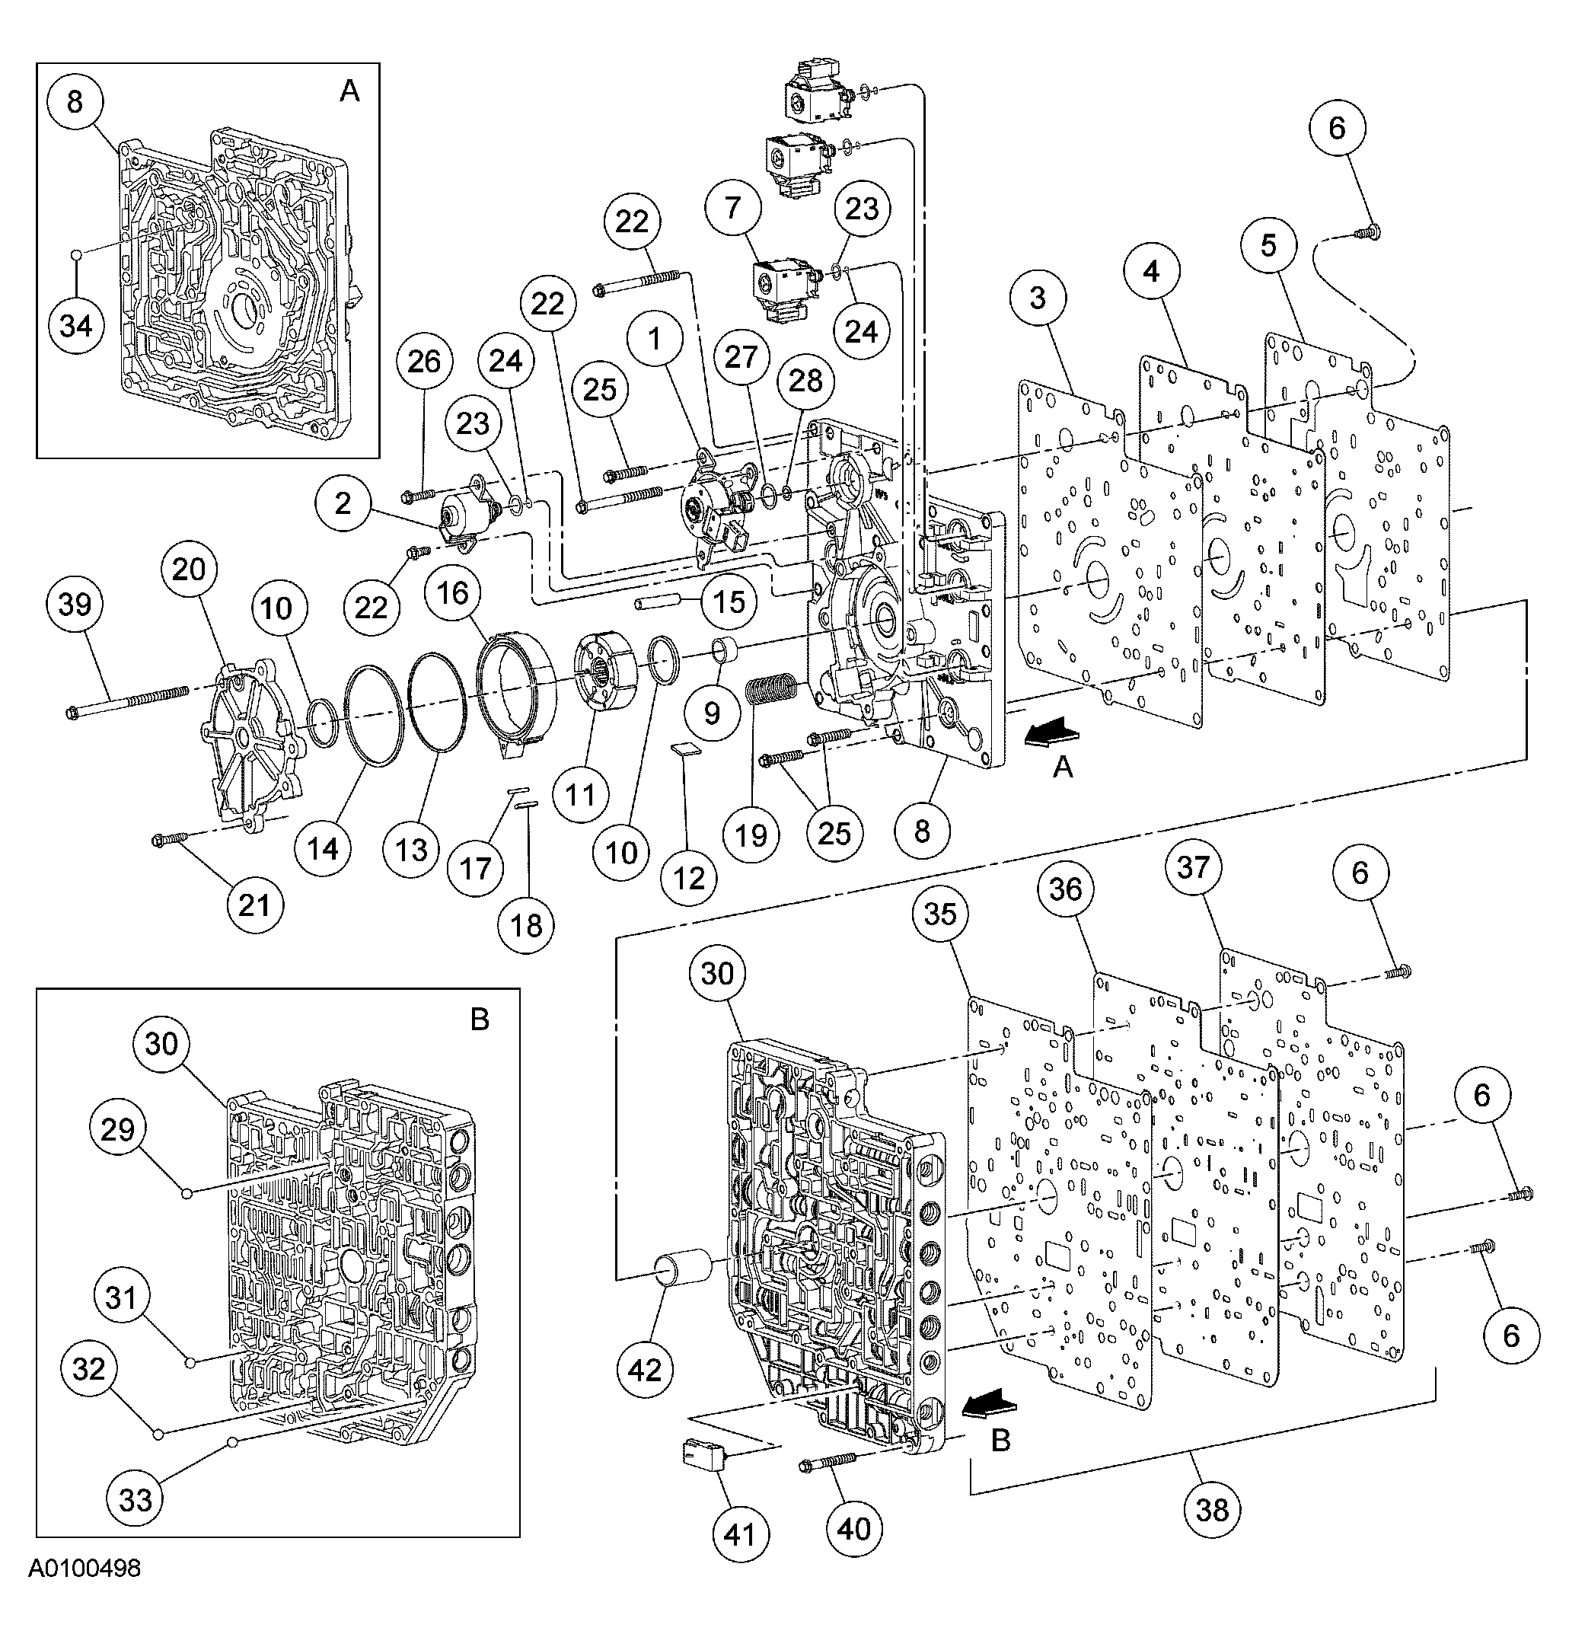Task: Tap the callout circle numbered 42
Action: click(x=645, y=1370)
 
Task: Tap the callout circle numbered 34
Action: click(x=76, y=325)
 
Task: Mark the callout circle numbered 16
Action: click(x=453, y=594)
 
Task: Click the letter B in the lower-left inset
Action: click(x=480, y=1020)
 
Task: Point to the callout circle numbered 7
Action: click(x=732, y=208)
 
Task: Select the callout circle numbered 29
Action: click(x=117, y=1130)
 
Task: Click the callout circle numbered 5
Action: click(x=1268, y=245)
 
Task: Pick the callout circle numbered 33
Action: click(x=136, y=1500)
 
